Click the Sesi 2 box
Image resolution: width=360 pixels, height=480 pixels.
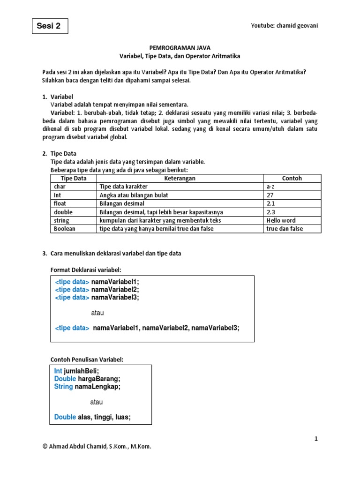tap(50, 26)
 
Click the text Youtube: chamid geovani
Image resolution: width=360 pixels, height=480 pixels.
tap(284, 26)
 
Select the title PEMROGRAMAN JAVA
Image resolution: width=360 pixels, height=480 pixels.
tap(180, 47)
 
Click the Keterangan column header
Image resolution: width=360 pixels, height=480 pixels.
tap(180, 179)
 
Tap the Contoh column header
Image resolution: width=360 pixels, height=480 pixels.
tap(292, 179)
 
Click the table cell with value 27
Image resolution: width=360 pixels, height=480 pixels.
tap(270, 195)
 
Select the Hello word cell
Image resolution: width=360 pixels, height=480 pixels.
tap(281, 220)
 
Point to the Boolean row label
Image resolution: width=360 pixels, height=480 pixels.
tap(65, 229)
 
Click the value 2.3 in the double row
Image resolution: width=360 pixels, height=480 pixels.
tap(270, 212)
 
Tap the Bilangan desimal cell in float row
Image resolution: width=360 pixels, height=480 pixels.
tap(122, 203)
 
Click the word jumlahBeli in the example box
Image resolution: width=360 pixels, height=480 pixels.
tap(82, 370)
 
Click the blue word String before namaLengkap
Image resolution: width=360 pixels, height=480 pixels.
tap(63, 387)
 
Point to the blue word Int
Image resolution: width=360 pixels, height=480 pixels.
tap(58, 370)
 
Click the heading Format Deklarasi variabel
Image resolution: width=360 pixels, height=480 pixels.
tap(85, 270)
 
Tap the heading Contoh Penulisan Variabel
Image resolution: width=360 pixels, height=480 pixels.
tap(87, 360)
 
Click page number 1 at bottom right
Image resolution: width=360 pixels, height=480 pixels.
tap(316, 439)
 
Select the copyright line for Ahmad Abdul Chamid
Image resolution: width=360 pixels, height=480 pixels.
tap(97, 447)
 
